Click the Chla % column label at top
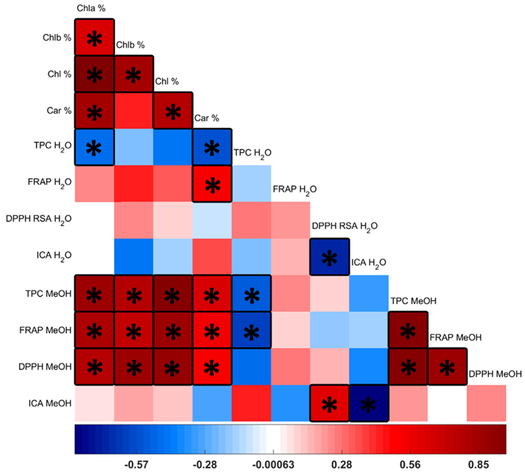point(91,8)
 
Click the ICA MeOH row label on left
point(50,403)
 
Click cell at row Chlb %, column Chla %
point(94,37)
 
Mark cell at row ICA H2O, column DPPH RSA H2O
point(329,257)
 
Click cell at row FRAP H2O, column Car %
point(212,184)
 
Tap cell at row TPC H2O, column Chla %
point(94,147)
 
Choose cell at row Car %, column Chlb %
point(134,110)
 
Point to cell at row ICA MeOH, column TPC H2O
point(251,403)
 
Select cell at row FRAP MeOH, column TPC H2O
point(251,330)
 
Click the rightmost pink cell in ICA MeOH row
point(486,403)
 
